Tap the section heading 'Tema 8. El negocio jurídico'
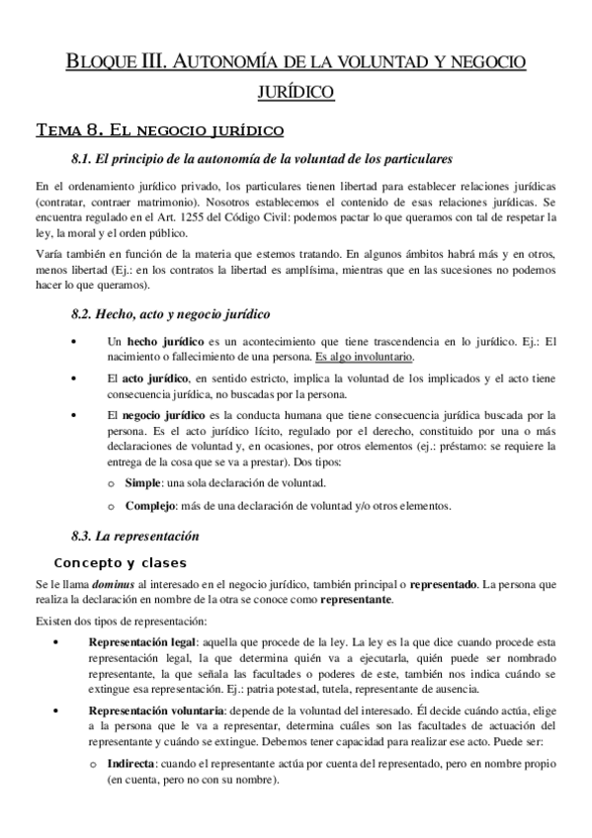(159, 129)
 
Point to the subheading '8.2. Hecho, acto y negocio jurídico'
(171, 314)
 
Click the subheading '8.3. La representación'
(135, 537)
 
